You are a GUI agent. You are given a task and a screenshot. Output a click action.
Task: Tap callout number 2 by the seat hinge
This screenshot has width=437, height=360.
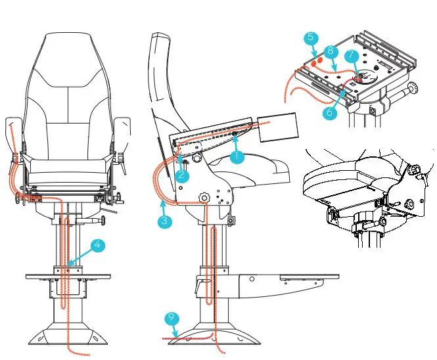click(183, 175)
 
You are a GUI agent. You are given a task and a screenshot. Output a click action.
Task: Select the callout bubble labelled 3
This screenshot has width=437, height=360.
click(164, 221)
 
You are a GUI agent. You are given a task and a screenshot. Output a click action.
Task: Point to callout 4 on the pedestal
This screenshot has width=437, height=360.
click(97, 246)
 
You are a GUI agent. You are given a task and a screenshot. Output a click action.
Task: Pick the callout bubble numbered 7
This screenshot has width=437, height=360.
click(352, 55)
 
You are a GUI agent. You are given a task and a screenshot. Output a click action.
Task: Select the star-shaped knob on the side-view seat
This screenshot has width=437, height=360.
click(204, 197)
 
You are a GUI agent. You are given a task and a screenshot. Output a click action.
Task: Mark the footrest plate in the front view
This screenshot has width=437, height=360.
click(68, 277)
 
